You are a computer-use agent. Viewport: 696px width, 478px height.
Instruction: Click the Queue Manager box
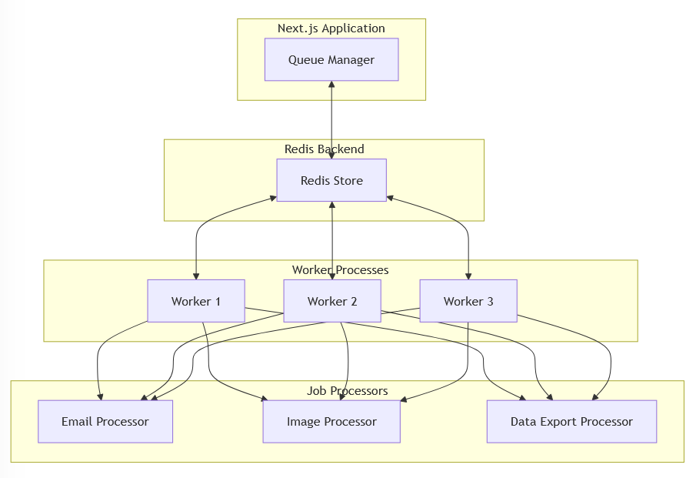click(x=331, y=59)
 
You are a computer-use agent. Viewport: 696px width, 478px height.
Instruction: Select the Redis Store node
click(x=331, y=180)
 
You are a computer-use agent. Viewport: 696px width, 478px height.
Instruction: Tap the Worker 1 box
click(x=196, y=301)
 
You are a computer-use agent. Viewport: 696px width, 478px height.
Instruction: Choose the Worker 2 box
click(x=332, y=301)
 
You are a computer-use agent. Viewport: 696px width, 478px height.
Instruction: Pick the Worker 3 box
click(x=468, y=301)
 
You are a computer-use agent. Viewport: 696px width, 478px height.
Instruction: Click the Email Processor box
click(x=105, y=421)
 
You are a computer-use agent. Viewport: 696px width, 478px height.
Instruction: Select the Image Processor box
click(x=331, y=421)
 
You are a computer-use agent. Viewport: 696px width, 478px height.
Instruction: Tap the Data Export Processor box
click(x=571, y=421)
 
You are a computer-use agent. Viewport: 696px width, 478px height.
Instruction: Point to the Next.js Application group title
click(x=331, y=28)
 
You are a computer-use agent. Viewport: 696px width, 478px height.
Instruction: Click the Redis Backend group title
click(x=324, y=149)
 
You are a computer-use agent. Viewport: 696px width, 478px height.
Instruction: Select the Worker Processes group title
click(x=340, y=269)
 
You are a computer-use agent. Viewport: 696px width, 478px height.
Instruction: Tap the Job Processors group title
click(x=347, y=390)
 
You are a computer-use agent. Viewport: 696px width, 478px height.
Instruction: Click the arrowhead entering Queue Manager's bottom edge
click(x=331, y=85)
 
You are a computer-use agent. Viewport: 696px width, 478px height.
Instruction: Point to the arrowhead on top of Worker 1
click(x=196, y=276)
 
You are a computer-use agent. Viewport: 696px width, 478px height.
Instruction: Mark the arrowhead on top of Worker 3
click(x=468, y=276)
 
